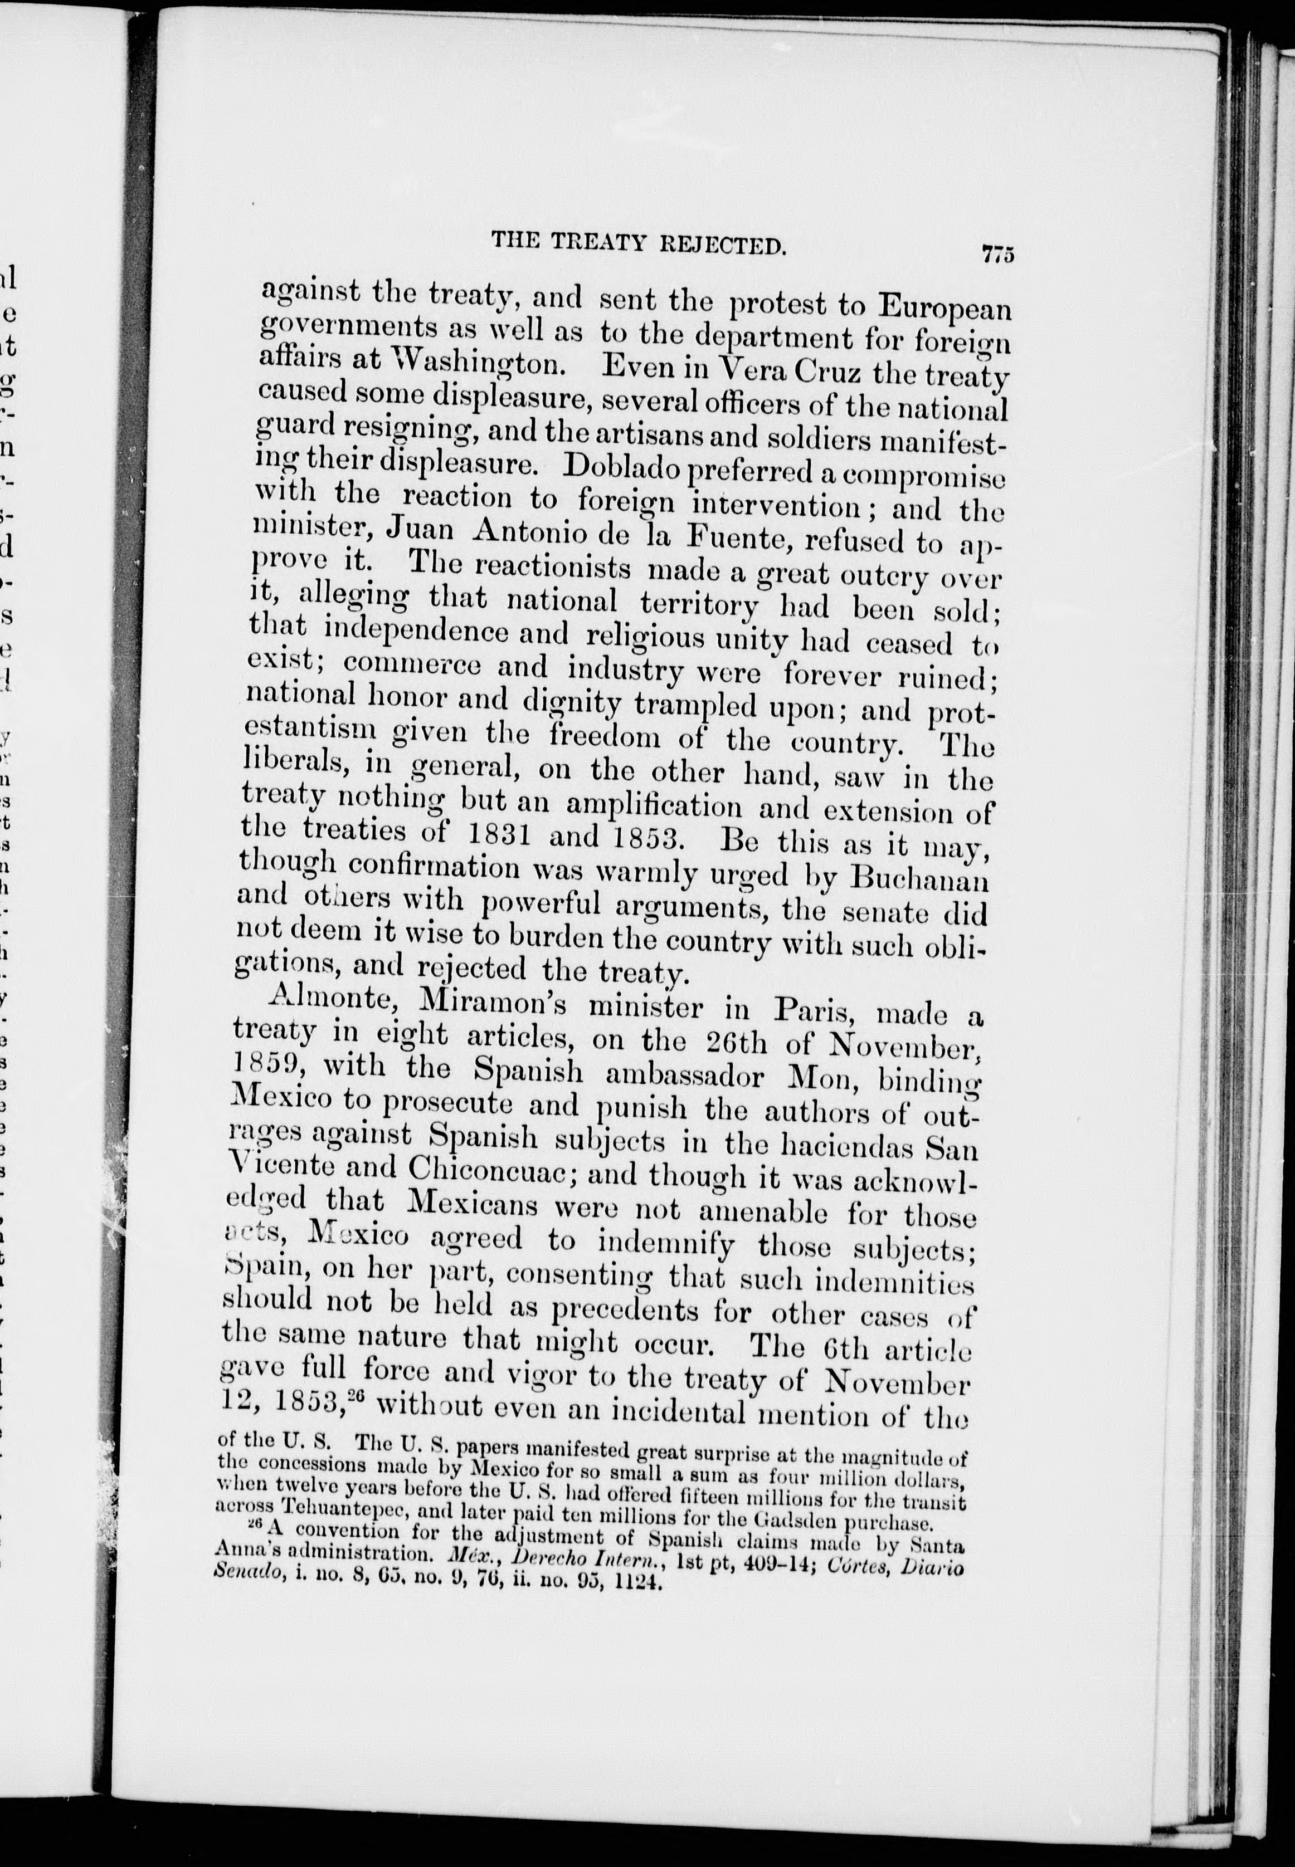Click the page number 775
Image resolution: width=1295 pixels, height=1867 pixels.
(x=998, y=254)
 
